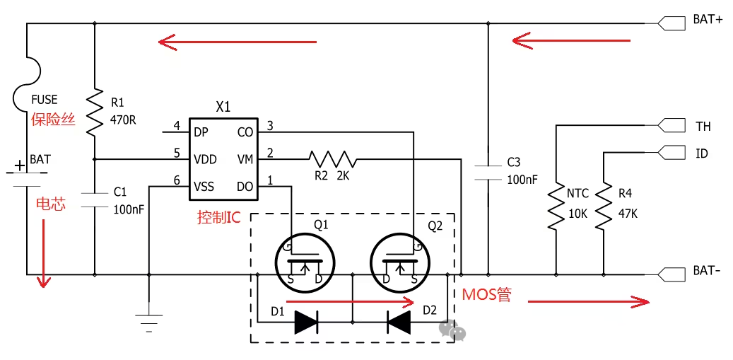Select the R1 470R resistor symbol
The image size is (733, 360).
95,111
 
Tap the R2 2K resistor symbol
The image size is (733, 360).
332,159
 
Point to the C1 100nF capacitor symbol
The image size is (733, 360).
95,199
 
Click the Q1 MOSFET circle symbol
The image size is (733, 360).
305,264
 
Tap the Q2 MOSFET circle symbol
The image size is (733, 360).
400,264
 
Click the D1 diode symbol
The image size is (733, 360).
306,322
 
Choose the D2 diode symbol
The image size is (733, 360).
399,322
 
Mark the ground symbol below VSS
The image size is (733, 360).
149,323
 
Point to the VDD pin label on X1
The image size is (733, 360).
205,160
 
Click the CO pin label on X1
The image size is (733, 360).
245,133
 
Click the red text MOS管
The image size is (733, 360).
486,295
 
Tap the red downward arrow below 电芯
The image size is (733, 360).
45,253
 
